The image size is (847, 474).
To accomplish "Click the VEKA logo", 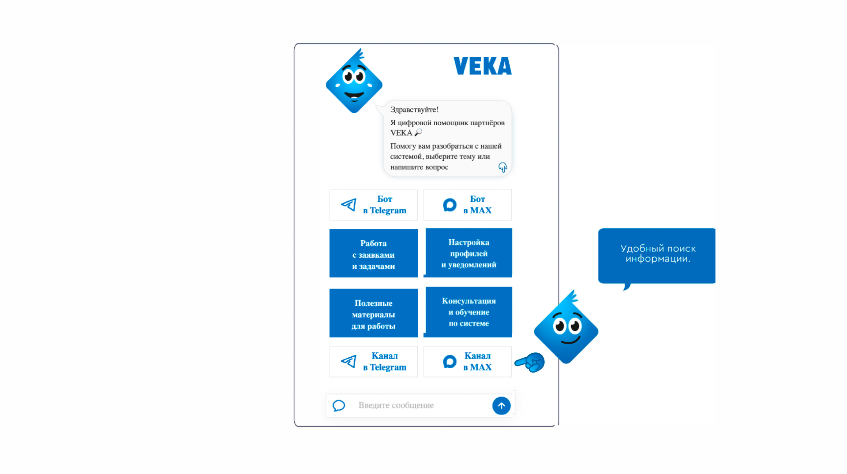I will (482, 66).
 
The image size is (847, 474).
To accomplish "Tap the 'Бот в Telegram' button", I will (373, 205).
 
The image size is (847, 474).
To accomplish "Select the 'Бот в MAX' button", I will (467, 205).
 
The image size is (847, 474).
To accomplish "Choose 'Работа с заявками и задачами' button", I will (373, 253).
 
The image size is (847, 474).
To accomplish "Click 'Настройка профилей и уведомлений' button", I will (468, 253).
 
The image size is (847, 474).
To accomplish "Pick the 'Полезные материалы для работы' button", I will (373, 313).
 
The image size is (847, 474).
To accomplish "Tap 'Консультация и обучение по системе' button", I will (468, 312).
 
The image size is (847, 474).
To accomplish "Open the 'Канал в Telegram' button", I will (373, 362).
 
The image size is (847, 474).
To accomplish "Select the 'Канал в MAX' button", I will (467, 362).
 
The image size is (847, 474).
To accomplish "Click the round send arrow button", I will (501, 406).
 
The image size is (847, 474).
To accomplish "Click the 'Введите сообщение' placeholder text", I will (396, 405).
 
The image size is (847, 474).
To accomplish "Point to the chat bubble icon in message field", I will (339, 405).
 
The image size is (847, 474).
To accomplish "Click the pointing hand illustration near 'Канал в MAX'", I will (531, 363).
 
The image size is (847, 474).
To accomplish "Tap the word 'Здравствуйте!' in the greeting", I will (414, 110).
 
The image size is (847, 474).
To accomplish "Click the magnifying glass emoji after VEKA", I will (418, 133).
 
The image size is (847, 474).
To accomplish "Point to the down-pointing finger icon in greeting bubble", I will (502, 167).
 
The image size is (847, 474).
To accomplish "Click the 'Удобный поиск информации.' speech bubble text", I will (657, 254).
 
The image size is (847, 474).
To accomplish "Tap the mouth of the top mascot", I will (354, 95).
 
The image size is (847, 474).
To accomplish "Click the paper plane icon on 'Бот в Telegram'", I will (349, 205).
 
